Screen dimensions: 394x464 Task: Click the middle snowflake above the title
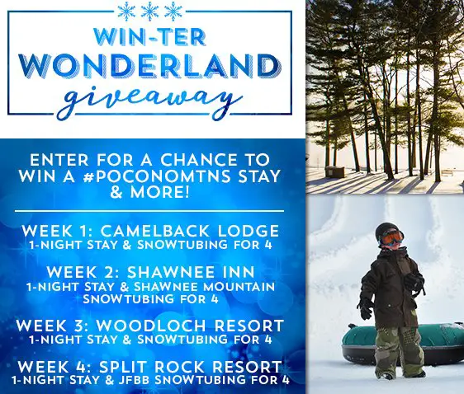pyautogui.click(x=149, y=12)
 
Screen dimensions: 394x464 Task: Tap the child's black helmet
pyautogui.click(x=388, y=231)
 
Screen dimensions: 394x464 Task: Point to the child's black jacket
pyautogui.click(x=393, y=284)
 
